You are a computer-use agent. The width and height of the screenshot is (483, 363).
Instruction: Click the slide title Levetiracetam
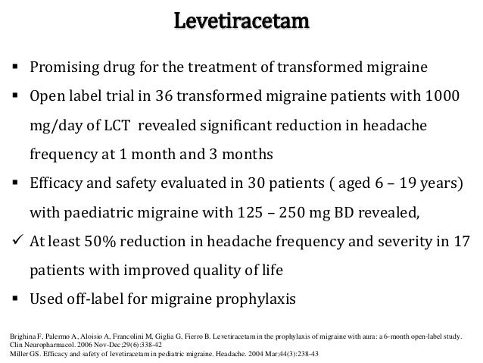pos(241,20)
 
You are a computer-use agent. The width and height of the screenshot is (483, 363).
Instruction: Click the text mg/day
pos(51,125)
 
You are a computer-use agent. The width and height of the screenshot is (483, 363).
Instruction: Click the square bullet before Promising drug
pos(14,67)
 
